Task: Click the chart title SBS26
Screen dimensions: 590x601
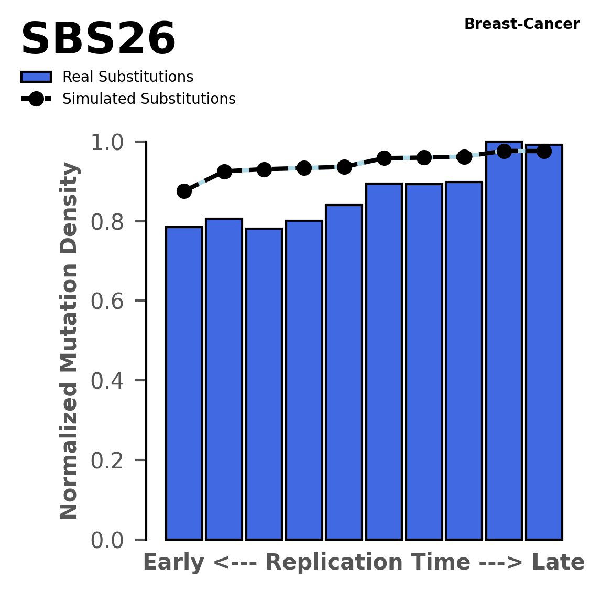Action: (98, 40)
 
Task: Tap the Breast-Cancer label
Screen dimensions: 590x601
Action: (522, 24)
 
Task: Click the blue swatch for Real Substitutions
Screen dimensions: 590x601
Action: (36, 77)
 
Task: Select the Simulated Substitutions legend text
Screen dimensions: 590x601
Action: (149, 99)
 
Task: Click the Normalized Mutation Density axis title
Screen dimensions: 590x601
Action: (69, 341)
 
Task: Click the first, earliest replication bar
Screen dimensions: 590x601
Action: (184, 383)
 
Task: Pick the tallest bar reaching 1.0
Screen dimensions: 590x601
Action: (504, 341)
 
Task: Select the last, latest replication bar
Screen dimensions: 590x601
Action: (544, 341)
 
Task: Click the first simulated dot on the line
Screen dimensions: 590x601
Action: (184, 191)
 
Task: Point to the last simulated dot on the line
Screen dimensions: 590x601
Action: (544, 152)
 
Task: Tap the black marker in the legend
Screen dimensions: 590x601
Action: (36, 99)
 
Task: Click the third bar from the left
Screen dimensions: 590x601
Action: (264, 383)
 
